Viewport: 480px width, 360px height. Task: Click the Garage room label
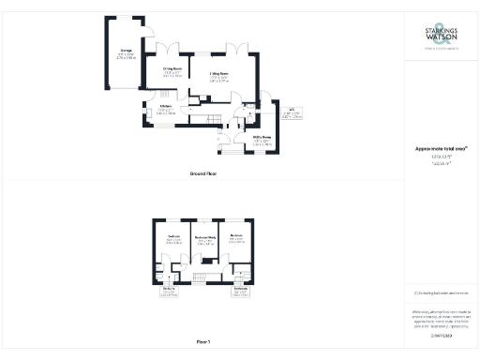tap(125, 53)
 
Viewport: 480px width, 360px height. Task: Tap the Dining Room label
tap(172, 68)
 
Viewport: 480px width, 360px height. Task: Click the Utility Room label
tap(262, 142)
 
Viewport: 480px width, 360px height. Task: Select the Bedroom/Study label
tap(205, 238)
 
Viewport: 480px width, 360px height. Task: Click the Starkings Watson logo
tap(441, 40)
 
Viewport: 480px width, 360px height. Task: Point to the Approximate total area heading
tap(441, 149)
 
